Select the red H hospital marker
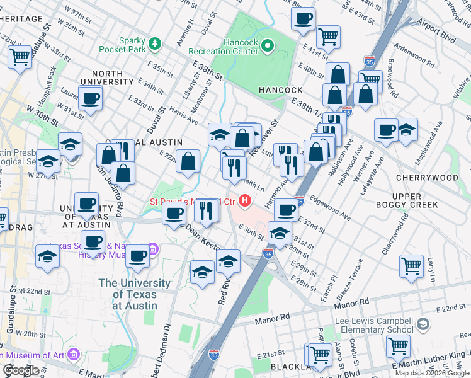244,202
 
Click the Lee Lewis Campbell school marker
423,324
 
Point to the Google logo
20,370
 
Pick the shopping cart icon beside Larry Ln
411,265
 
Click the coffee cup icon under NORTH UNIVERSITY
91,98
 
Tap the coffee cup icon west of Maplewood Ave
385,130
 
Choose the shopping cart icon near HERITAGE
20,57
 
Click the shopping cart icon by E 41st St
328,37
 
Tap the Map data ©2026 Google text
432,373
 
